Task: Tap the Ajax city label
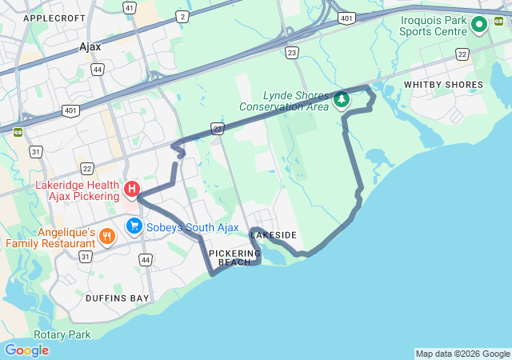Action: [x=90, y=46]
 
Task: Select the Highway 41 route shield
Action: [x=130, y=7]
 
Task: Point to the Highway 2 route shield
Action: [x=183, y=16]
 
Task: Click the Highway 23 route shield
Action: [x=291, y=53]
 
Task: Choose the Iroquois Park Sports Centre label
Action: [x=434, y=26]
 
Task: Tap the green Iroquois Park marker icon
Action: [x=479, y=25]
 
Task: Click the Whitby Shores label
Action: [x=443, y=84]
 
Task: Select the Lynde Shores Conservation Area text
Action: [x=284, y=101]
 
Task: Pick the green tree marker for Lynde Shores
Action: [x=342, y=100]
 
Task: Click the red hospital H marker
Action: [x=132, y=190]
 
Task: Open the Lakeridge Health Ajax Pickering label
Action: [x=77, y=190]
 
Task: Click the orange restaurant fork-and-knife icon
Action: [x=108, y=236]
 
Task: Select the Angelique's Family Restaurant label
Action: [x=51, y=238]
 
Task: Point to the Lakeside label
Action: [x=274, y=235]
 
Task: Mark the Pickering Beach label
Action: [x=235, y=258]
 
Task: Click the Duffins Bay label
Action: [x=117, y=298]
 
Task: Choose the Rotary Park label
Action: [x=62, y=334]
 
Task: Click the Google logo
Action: [x=26, y=350]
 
